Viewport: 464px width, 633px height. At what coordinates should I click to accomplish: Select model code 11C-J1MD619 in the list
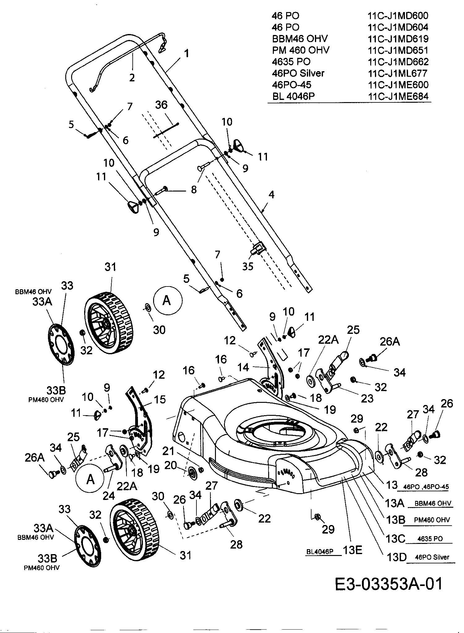[x=398, y=39]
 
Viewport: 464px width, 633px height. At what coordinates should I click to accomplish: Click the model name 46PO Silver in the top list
[x=298, y=73]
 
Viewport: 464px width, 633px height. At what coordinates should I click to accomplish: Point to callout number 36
[x=161, y=105]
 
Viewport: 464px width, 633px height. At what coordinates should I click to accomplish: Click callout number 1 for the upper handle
[x=187, y=54]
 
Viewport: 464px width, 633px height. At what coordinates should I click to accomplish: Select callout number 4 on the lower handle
[x=272, y=195]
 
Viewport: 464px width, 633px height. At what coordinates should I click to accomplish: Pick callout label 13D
[x=395, y=557]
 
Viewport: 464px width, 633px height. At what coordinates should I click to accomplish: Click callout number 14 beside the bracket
[x=243, y=367]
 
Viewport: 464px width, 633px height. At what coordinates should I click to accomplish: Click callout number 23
[x=367, y=398]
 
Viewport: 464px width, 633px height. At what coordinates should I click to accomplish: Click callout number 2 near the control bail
[x=132, y=77]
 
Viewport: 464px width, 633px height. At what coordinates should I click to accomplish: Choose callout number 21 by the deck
[x=168, y=451]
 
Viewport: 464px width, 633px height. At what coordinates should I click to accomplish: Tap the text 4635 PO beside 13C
[x=430, y=539]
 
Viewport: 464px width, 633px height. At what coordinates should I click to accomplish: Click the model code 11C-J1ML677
[x=397, y=73]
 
